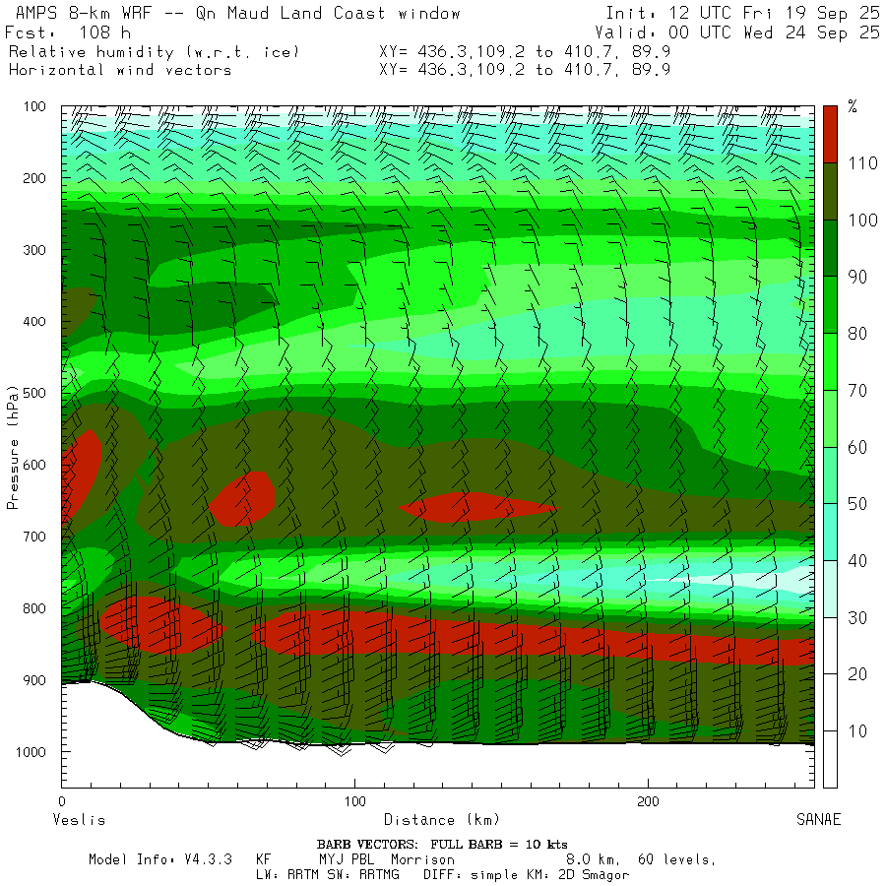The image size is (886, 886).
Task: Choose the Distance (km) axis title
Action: [x=441, y=820]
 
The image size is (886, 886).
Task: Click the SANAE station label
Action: [x=818, y=820]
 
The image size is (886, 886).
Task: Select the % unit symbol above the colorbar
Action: [x=853, y=107]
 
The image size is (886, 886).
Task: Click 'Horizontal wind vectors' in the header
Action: [x=120, y=70]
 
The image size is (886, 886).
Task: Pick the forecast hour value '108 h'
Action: [x=104, y=32]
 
